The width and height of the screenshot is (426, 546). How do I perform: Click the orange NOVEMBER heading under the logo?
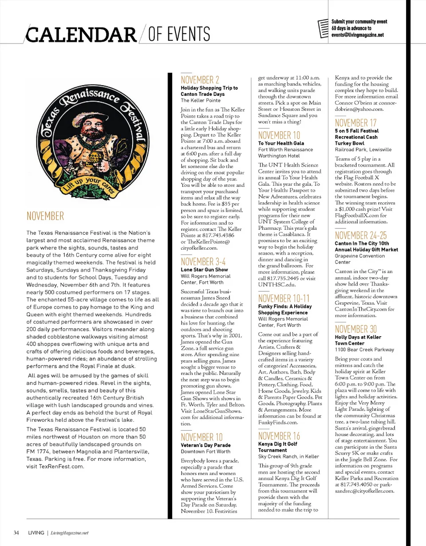pos(45,216)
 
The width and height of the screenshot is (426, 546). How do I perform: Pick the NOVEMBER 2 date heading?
pos(200,80)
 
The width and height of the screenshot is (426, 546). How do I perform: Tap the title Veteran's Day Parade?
pos(205,445)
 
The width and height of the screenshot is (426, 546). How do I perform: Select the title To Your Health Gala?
pos(281,143)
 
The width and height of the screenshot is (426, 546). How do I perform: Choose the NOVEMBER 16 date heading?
pos(279,435)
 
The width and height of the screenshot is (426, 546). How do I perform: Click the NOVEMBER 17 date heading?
pos(355,122)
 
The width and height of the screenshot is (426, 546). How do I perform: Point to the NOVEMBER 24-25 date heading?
pos(361,235)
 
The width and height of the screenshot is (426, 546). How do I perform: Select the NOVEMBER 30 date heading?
pos(355,329)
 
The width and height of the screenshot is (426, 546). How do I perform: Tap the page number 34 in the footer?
pos(16,532)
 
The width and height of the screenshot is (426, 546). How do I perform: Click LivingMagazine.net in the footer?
pos(69,532)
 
